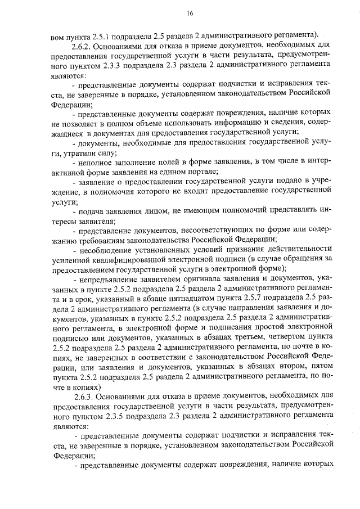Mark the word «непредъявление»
110,278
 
